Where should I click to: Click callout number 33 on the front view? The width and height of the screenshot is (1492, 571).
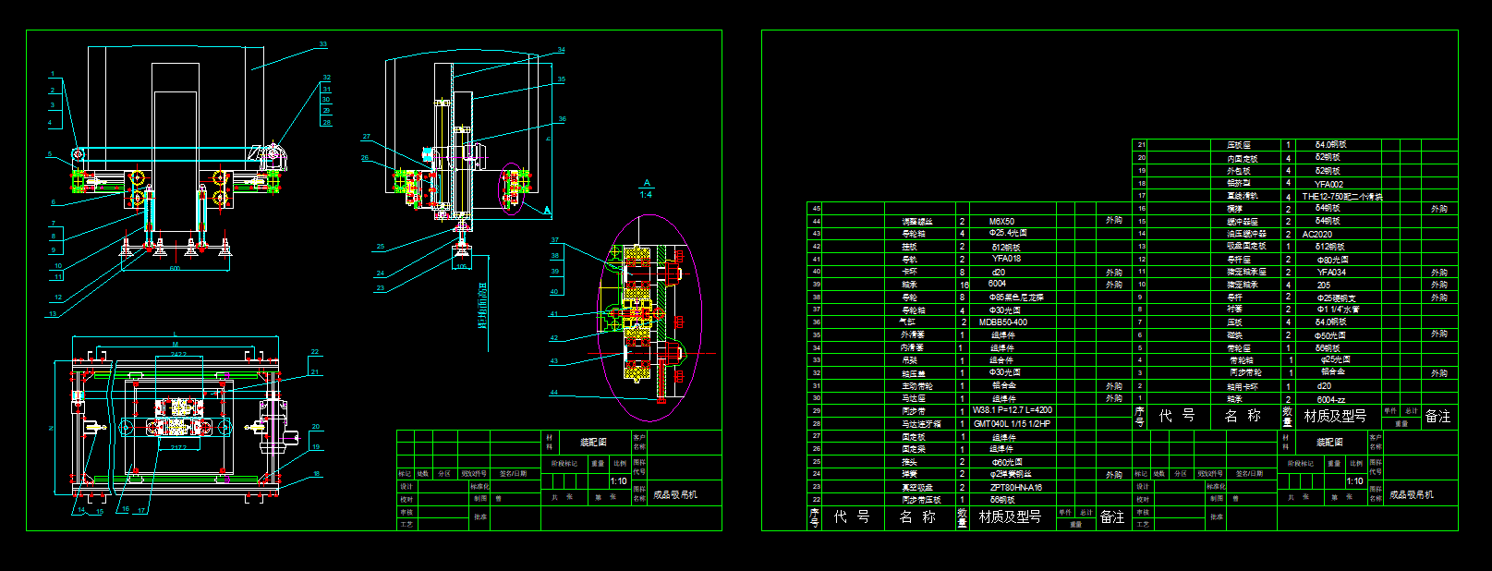pos(323,44)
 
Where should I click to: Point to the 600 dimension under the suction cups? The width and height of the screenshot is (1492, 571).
pos(174,269)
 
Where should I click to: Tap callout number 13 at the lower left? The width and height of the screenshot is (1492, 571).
pos(53,314)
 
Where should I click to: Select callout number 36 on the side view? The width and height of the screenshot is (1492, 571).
pos(562,119)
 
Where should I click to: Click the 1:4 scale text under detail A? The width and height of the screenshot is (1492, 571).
pos(646,194)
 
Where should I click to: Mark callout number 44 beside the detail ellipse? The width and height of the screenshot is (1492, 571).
pos(554,393)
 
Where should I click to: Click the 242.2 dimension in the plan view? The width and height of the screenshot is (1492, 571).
pos(178,354)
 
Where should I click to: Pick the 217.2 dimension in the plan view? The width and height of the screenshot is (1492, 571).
pos(178,447)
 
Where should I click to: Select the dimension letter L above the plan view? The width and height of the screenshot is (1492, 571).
pos(175,334)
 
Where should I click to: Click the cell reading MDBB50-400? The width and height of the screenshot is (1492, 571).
pos(1003,322)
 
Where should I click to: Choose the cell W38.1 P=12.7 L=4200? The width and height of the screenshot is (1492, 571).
pos(1013,410)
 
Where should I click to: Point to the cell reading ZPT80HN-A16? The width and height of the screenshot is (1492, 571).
pos(1015,487)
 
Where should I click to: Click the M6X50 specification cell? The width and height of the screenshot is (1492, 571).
pos(1001,222)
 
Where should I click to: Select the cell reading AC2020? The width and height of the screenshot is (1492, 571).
pos(1317,235)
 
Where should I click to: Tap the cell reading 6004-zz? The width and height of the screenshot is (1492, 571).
pos(1330,400)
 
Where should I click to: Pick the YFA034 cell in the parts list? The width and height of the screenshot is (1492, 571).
pos(1331,273)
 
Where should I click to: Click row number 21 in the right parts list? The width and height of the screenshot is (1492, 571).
pos(1142,145)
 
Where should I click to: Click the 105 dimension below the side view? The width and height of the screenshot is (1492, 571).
pos(462,267)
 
